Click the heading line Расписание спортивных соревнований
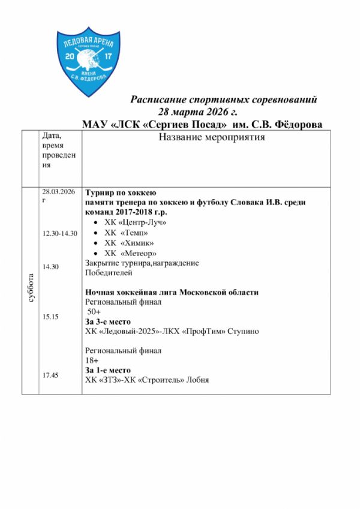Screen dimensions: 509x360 224,100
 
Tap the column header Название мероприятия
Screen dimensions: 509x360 212,138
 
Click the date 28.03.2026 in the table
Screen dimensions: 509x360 58,191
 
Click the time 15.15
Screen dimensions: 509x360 50,316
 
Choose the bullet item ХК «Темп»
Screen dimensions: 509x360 126,233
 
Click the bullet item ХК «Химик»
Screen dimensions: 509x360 129,243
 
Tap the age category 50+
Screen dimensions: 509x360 94,312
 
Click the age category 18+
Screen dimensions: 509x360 92,360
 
